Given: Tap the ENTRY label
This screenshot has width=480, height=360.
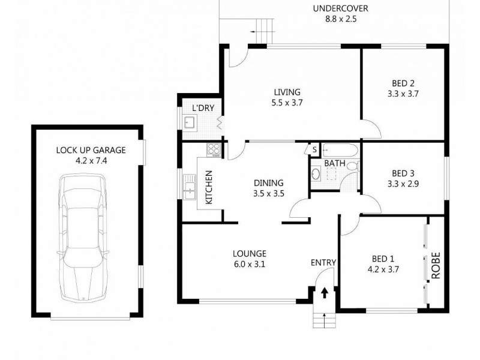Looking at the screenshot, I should [323, 262].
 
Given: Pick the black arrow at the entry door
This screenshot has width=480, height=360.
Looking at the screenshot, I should [324, 293].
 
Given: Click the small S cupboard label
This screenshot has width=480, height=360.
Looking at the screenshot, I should [314, 149].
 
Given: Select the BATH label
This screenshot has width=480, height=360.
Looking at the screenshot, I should [334, 163].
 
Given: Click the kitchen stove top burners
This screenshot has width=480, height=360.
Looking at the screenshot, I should [212, 149].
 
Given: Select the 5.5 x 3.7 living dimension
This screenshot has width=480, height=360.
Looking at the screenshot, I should [286, 102].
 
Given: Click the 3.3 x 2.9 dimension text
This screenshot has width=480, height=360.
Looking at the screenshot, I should [403, 184].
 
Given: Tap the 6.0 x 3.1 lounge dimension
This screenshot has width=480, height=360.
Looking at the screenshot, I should [250, 263].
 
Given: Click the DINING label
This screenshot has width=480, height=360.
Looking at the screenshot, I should [268, 183].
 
